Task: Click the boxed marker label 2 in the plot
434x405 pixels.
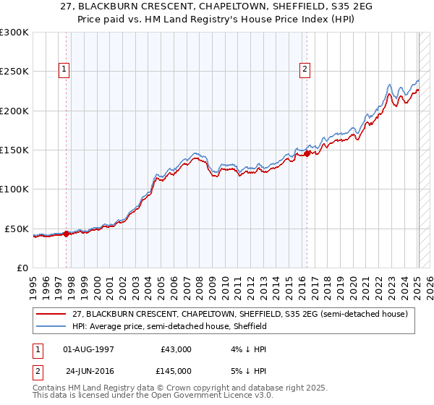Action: point(305,69)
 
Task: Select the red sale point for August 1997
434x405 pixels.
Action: point(66,234)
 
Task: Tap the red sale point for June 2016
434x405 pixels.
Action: point(307,153)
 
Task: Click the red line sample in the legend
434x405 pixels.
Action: point(52,314)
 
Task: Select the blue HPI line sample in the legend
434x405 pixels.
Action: point(52,326)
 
